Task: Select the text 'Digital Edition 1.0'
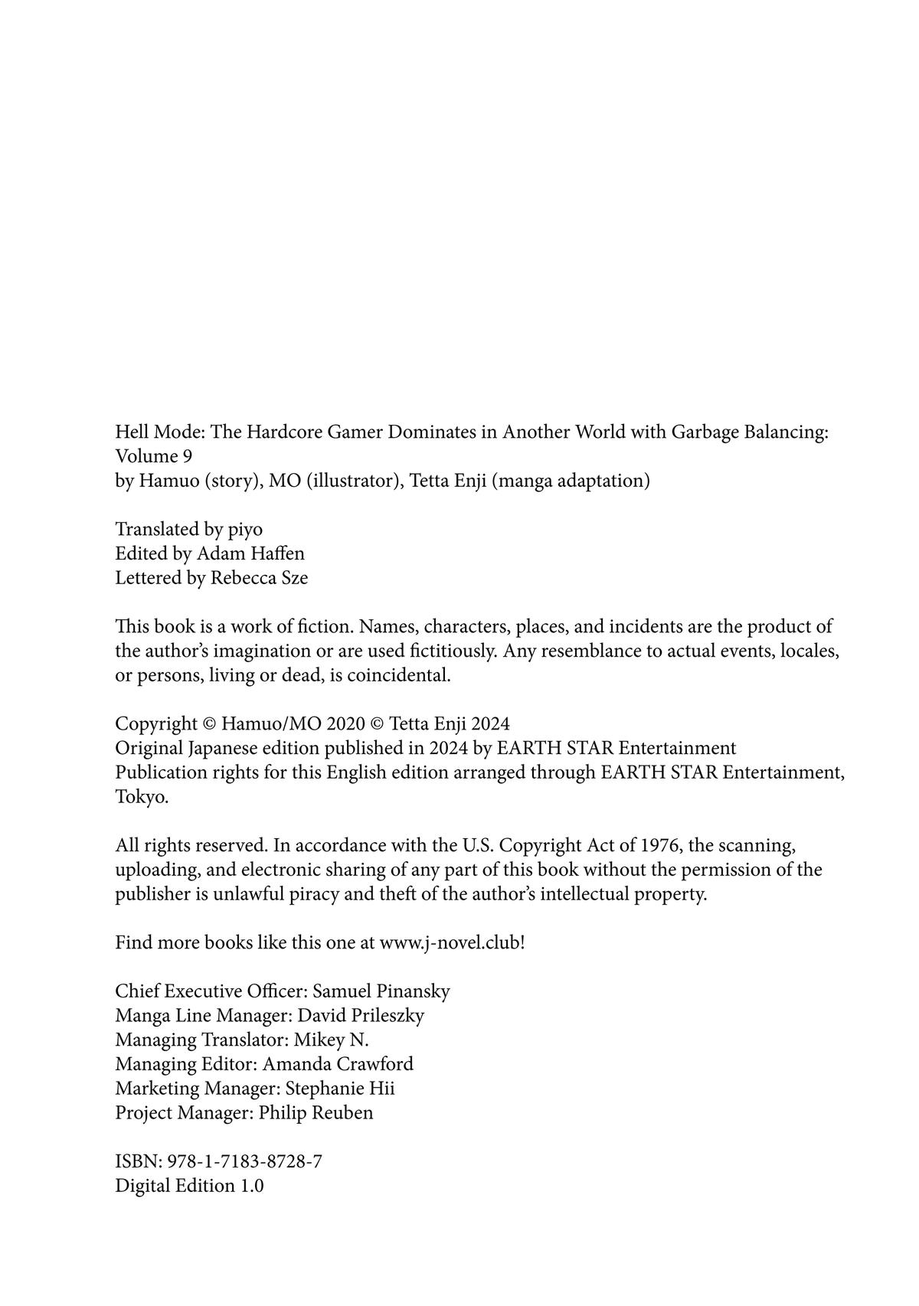(189, 1186)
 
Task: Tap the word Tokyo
(142, 796)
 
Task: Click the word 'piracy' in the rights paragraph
(313, 893)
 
